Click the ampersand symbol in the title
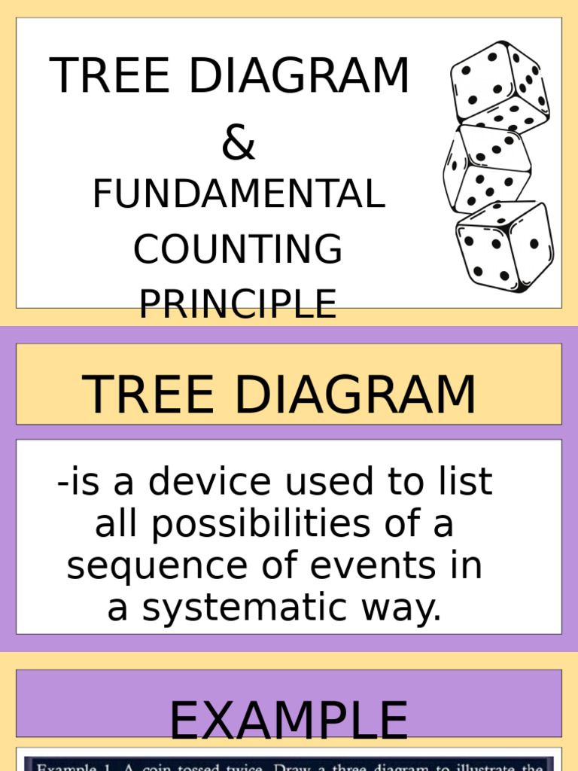(239, 144)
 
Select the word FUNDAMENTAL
(239, 195)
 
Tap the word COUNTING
(238, 250)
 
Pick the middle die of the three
(486, 167)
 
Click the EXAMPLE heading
(288, 721)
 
